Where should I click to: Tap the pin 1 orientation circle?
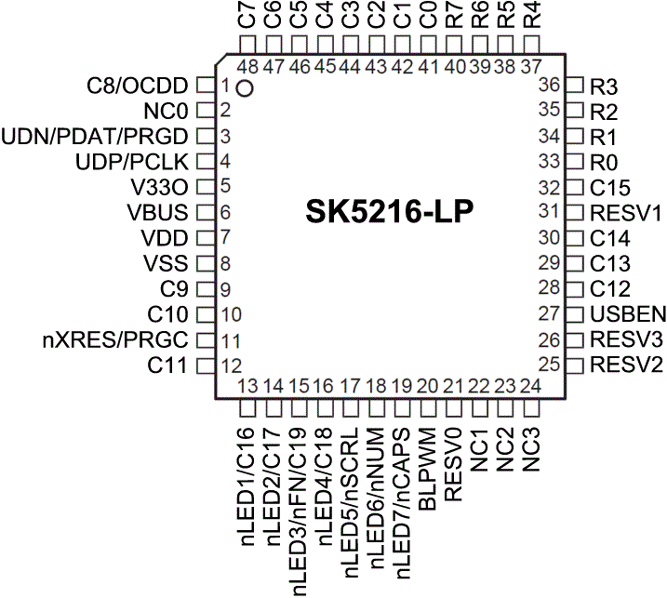245,89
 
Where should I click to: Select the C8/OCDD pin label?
138,86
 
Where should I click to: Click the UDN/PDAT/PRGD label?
97,137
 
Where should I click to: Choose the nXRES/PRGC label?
116,339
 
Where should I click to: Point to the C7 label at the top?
247,18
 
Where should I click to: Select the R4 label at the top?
532,18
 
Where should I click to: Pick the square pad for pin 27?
574,313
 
